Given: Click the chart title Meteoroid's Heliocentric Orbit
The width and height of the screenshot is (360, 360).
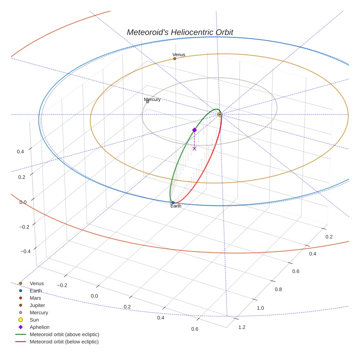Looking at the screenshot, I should [x=180, y=32].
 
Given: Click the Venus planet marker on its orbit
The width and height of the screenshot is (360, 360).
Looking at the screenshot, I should [x=175, y=59].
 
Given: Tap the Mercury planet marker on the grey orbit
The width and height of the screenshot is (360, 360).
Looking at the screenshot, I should [x=147, y=102].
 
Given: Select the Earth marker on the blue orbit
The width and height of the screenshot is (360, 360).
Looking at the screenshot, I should [x=173, y=202].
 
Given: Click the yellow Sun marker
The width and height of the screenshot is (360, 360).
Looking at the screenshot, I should [x=220, y=115].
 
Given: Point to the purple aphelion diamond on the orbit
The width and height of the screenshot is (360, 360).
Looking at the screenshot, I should [x=194, y=130].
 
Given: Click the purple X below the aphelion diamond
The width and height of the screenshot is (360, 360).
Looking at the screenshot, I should [x=194, y=148].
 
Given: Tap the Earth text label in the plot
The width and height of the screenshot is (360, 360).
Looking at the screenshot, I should [x=176, y=206].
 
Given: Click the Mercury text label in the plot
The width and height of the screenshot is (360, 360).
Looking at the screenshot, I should [x=152, y=100].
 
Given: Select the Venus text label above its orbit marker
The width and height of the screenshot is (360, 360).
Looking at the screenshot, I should [x=179, y=55].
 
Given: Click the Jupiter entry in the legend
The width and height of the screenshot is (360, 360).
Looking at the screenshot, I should [x=37, y=305].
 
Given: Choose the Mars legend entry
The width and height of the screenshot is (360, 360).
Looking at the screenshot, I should [x=35, y=298].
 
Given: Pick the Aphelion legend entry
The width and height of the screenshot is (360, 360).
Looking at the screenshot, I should [x=40, y=327].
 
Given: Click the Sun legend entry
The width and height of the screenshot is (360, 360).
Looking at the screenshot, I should [x=34, y=320].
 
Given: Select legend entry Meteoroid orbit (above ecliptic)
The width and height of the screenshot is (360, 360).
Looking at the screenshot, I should [x=64, y=334].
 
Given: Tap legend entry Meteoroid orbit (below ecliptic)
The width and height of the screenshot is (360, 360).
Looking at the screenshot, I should [x=64, y=342].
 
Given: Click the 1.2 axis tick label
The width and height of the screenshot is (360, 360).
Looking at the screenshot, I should [x=242, y=327].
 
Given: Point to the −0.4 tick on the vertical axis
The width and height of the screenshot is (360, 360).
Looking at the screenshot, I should [x=25, y=251].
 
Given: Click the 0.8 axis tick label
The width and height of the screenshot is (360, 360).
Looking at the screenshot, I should [x=278, y=289].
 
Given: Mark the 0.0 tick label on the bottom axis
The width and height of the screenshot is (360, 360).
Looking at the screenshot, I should [x=94, y=296].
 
